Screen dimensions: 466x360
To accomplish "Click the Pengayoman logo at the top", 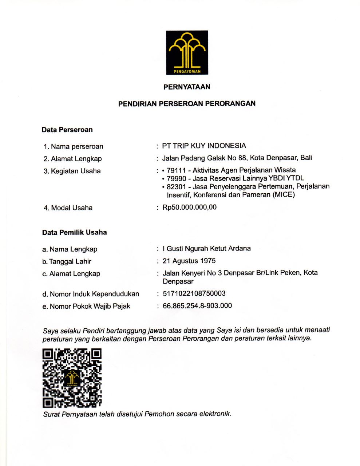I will click(187, 52).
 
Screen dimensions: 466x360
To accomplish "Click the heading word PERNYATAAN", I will click(187, 87).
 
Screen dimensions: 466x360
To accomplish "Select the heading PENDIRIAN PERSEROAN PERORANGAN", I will click(187, 104).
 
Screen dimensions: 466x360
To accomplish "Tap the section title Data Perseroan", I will click(67, 130).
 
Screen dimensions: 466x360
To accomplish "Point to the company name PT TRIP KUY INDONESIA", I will click(204, 146).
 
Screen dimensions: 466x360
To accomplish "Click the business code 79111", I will click(176, 170).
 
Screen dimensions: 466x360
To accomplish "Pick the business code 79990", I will click(176, 179).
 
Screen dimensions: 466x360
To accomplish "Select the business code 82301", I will click(176, 187).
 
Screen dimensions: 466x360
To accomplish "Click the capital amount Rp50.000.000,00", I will click(189, 208).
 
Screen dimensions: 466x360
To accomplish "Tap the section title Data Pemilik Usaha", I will click(74, 233).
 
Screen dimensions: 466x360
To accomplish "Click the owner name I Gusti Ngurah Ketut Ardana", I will click(206, 249).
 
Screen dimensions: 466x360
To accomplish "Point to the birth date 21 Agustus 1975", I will click(189, 261).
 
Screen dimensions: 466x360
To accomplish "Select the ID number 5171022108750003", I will click(194, 294).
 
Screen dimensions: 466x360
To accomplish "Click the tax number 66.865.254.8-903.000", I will click(197, 306).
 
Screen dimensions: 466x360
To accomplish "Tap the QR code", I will click(72, 378).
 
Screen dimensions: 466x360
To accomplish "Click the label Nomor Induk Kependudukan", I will click(94, 294).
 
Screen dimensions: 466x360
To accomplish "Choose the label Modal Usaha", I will click(72, 208).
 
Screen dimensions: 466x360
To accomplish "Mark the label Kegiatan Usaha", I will click(76, 171).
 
